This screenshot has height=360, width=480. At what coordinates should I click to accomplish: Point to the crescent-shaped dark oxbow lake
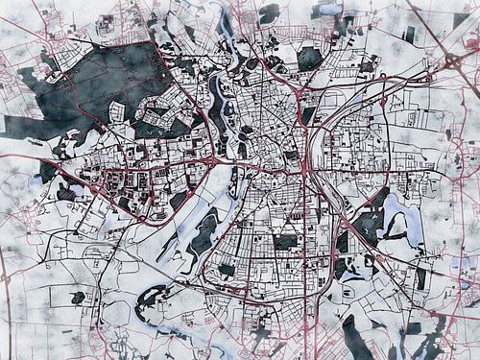click(x=154, y=303)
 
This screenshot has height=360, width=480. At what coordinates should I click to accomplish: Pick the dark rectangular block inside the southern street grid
click(x=285, y=242)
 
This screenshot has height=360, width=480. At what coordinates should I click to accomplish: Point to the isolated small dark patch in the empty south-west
click(x=78, y=297)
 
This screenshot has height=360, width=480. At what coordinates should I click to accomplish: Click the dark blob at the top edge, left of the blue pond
click(x=269, y=12)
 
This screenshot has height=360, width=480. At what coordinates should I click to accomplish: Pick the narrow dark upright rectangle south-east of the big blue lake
click(x=420, y=277)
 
